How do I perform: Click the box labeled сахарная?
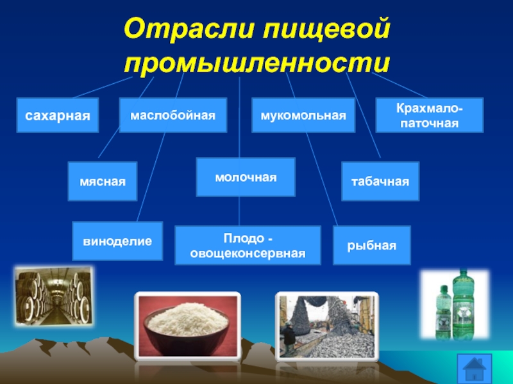click(58, 115)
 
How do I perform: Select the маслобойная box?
click(173, 115)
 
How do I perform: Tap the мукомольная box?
click(303, 115)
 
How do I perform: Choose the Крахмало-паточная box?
click(429, 115)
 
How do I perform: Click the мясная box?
click(103, 181)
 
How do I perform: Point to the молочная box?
click(246, 177)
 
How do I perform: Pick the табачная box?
click(380, 181)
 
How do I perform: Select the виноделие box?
click(117, 241)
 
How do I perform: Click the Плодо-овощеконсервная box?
click(248, 245)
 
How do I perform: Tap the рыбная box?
click(372, 245)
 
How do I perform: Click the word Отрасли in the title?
click(189, 29)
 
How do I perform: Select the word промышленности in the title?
click(257, 62)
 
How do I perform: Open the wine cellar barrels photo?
click(54, 296)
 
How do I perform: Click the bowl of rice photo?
click(187, 326)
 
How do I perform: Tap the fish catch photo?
click(327, 326)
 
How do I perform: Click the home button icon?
click(475, 369)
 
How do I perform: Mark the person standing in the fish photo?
click(289, 337)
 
